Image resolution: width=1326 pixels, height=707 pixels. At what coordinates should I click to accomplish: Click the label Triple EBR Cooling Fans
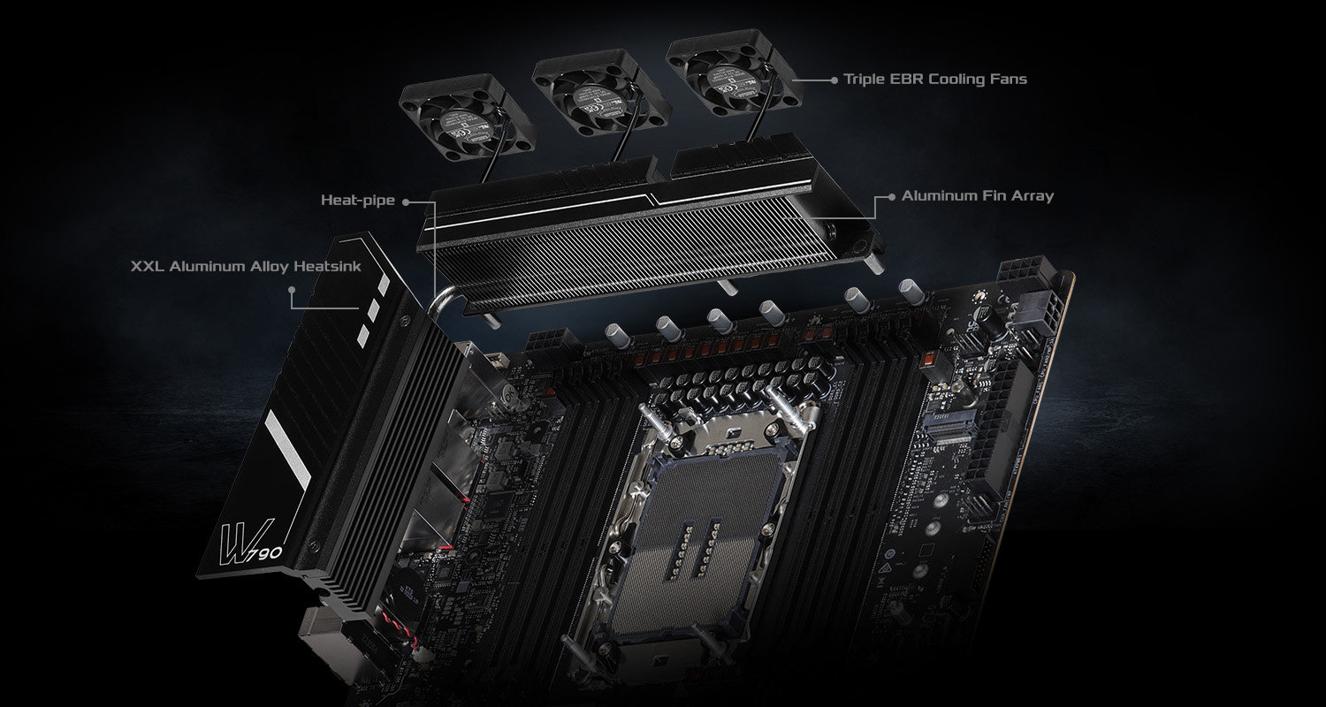click(934, 79)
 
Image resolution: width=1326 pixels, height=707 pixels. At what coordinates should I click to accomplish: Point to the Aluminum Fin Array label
click(977, 196)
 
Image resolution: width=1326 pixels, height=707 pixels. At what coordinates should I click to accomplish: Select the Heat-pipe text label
click(357, 201)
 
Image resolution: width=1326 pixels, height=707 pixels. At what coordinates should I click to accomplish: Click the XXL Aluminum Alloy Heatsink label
click(246, 266)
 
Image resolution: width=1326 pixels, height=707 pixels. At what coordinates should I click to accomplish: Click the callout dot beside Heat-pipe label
click(405, 201)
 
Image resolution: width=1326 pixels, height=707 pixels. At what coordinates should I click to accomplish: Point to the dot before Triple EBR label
click(834, 80)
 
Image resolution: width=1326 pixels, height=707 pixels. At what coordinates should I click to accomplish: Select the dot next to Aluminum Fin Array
click(891, 197)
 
